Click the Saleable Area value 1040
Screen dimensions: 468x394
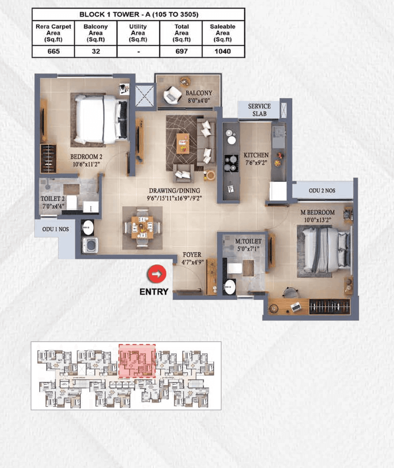(x=223, y=51)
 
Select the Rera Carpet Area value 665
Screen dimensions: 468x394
(x=54, y=51)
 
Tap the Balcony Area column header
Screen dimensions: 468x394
(x=96, y=33)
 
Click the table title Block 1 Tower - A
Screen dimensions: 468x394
(x=139, y=14)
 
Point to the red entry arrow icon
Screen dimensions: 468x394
(x=157, y=274)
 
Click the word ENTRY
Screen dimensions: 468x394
(x=154, y=291)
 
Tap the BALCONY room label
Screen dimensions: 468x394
(x=199, y=93)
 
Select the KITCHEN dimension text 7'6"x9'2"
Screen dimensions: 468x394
(x=256, y=162)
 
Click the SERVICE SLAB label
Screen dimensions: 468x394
(x=259, y=110)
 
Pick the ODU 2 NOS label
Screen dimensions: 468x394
(x=322, y=191)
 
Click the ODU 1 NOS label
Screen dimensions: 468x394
(x=55, y=229)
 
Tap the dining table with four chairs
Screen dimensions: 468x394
(x=142, y=228)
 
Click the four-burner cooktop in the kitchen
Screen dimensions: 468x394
(x=231, y=163)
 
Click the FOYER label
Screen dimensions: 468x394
(x=192, y=255)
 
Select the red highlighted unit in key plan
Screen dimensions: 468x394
(x=137, y=361)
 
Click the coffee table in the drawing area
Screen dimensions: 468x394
(x=183, y=143)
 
